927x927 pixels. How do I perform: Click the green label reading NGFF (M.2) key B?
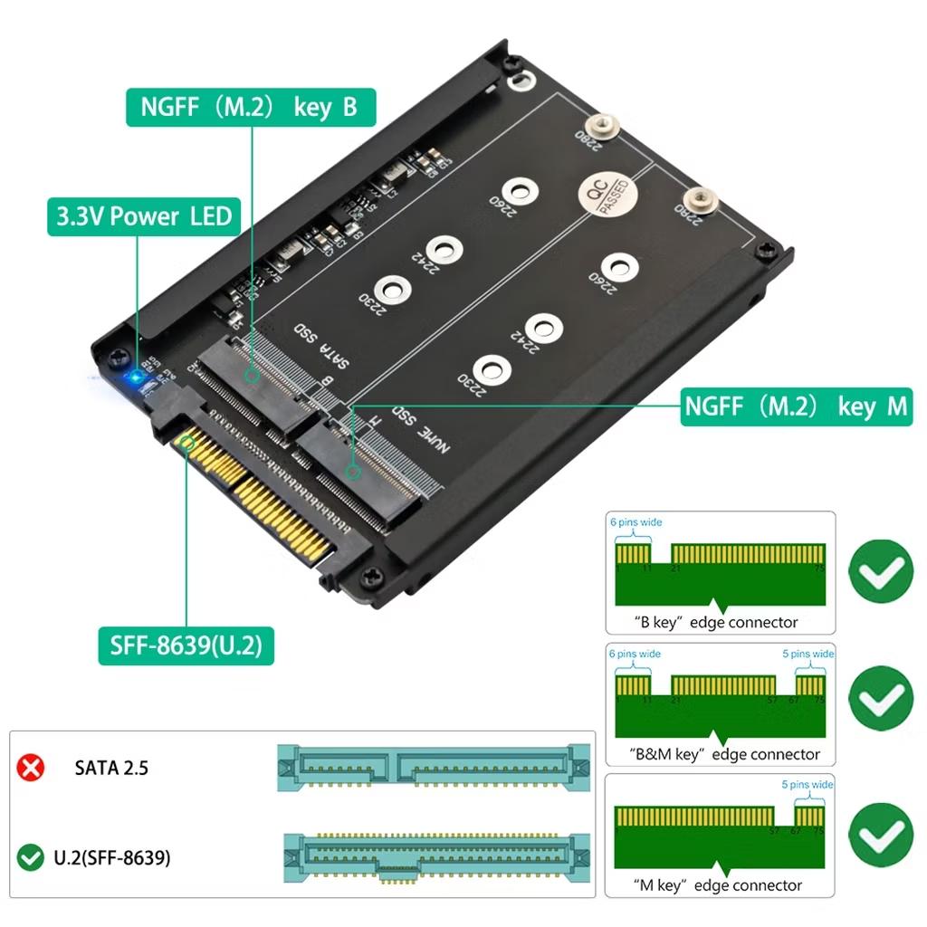click(x=249, y=107)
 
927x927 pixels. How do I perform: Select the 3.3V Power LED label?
click(x=144, y=216)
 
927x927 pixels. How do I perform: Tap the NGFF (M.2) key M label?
click(x=795, y=406)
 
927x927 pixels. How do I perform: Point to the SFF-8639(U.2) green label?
click(x=186, y=645)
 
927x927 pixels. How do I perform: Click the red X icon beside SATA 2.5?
click(x=32, y=768)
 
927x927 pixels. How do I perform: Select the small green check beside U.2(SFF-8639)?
click(x=32, y=856)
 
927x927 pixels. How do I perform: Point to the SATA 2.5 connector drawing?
click(x=434, y=768)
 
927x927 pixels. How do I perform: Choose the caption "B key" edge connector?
click(x=715, y=622)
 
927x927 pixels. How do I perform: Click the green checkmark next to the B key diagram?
click(x=880, y=570)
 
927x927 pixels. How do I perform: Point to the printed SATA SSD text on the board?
click(x=322, y=349)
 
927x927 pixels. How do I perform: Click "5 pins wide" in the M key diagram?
click(x=808, y=785)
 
